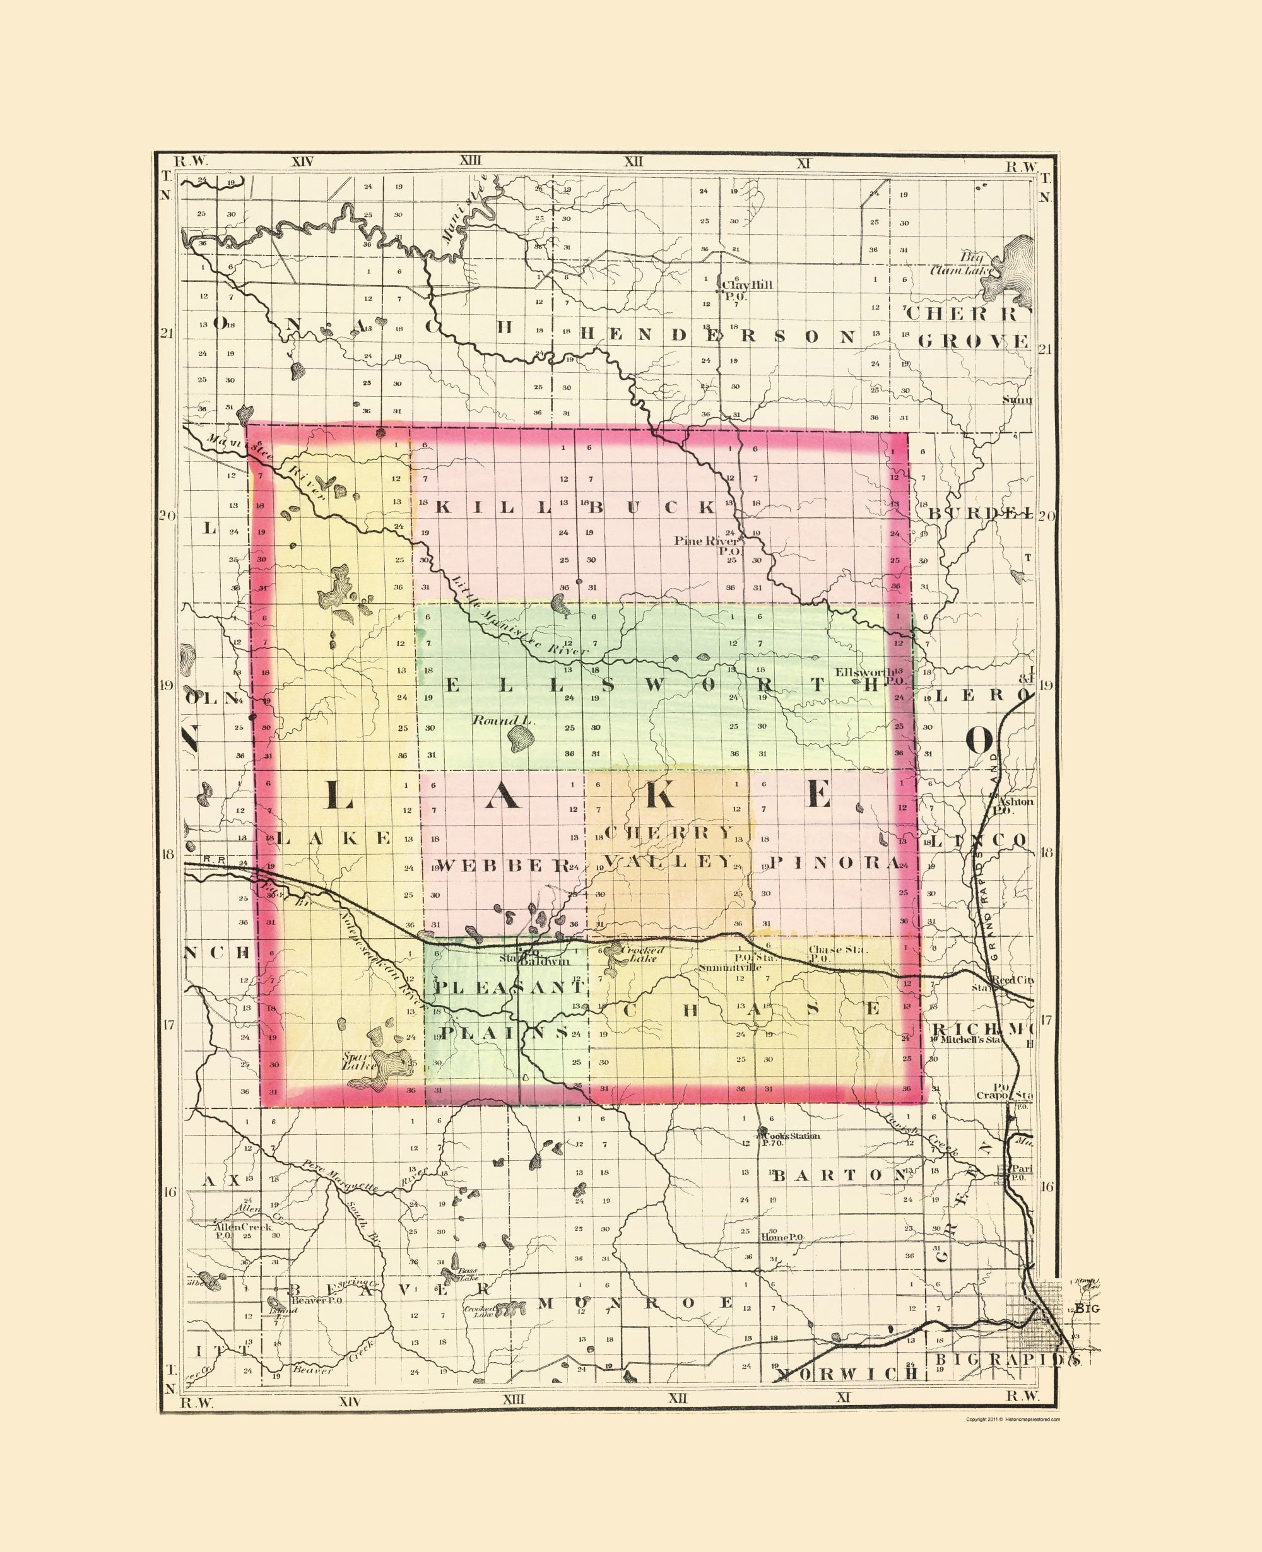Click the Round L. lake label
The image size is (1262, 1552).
(504, 720)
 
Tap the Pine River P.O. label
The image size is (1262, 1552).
(707, 545)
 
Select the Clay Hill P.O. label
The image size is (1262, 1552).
(746, 290)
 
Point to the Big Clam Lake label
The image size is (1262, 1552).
(962, 263)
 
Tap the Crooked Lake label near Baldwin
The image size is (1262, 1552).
(640, 954)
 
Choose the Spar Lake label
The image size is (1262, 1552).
(359, 1061)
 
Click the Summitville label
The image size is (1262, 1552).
(730, 968)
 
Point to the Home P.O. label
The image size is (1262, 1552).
(781, 1237)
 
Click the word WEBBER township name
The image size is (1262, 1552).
(503, 865)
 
